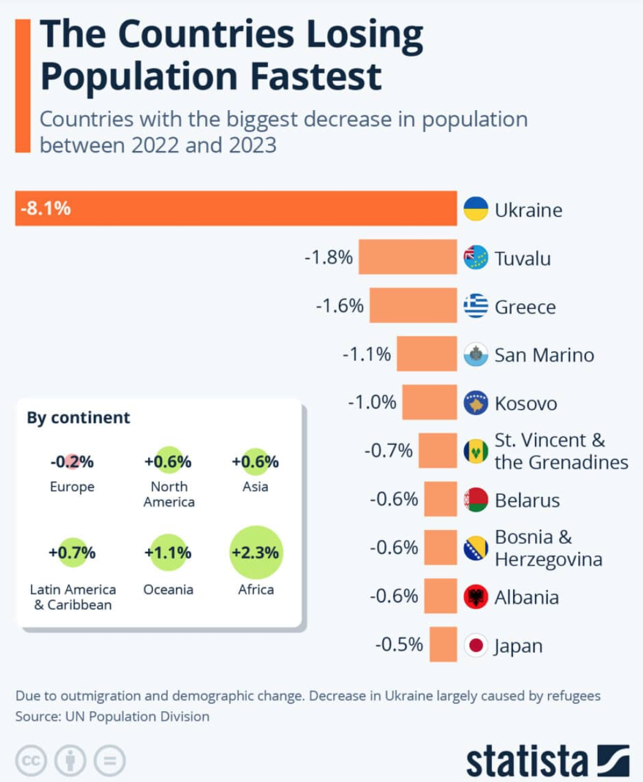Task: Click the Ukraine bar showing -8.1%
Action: (x=236, y=208)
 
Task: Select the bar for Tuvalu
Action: (x=407, y=257)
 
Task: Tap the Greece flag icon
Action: (x=476, y=306)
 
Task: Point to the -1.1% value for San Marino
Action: (x=367, y=354)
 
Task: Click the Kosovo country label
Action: (x=525, y=403)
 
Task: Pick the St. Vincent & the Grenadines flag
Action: (x=476, y=451)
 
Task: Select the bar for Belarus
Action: (x=440, y=499)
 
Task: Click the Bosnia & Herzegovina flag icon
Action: (x=476, y=548)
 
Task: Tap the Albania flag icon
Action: (x=476, y=597)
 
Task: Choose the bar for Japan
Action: (x=443, y=645)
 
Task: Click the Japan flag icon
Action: (x=476, y=645)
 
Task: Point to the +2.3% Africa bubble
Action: (x=256, y=553)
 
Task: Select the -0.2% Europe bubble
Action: (x=72, y=462)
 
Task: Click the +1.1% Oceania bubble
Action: (x=168, y=553)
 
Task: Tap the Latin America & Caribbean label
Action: (x=73, y=597)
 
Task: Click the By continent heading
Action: (x=78, y=418)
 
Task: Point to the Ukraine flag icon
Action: (x=476, y=209)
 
